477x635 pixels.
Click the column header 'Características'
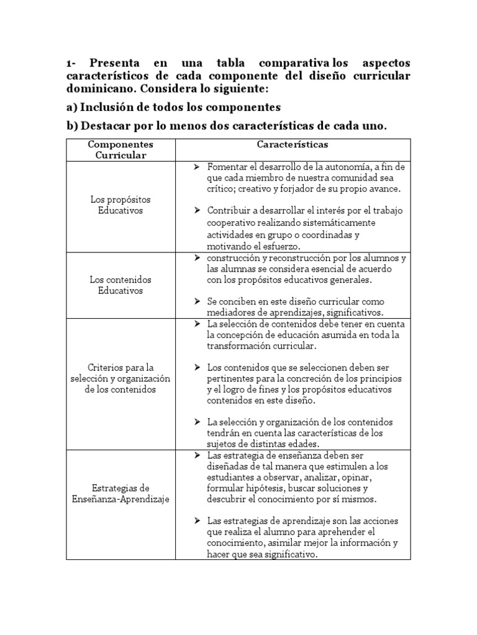point(293,144)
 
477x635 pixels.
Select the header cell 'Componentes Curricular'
point(120,149)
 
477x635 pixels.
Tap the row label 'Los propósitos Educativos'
point(120,205)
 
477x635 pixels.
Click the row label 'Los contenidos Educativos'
point(120,285)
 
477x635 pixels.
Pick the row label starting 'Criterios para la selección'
point(120,378)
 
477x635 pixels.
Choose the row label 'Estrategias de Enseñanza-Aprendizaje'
point(120,493)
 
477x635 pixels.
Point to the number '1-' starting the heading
point(72,63)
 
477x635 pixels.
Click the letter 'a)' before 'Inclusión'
point(72,107)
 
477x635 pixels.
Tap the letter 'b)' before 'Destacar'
point(73,126)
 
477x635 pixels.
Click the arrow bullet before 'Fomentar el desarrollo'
point(196,167)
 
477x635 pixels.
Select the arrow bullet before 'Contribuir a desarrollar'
point(196,210)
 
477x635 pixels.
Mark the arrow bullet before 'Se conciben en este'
point(196,301)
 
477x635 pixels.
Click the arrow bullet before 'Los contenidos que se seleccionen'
point(196,366)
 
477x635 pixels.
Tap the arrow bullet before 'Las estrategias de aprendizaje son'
point(196,520)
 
